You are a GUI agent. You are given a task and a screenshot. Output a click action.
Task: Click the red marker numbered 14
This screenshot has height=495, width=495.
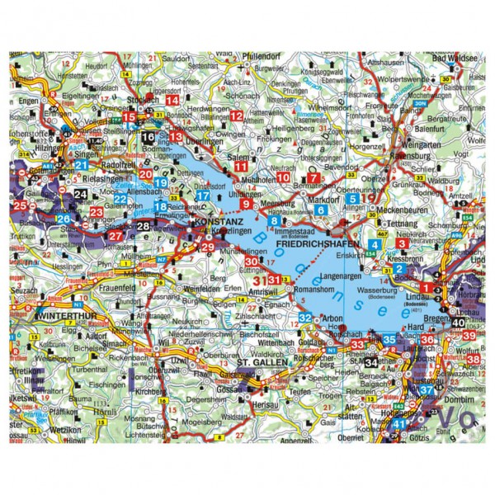(x=172, y=100)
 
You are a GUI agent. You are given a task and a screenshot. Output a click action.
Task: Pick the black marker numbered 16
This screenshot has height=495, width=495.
(x=148, y=137)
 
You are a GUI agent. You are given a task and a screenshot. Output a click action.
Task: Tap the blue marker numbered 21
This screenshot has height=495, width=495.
(x=81, y=165)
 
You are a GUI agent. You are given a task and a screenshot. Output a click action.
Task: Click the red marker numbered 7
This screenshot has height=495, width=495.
(x=313, y=177)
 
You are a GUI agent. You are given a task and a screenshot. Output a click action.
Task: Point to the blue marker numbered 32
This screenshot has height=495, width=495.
(x=305, y=318)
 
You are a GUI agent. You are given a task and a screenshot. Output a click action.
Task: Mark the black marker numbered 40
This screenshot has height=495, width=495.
(x=458, y=323)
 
